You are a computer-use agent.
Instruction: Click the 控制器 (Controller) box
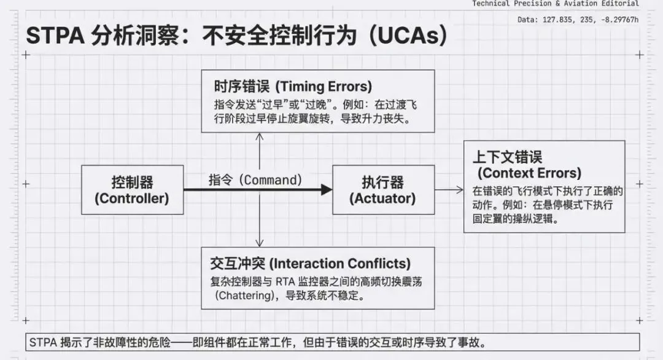point(132,190)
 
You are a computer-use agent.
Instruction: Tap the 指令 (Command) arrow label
point(255,180)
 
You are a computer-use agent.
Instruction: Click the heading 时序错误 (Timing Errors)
point(293,86)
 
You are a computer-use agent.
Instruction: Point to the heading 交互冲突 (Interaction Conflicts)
point(310,264)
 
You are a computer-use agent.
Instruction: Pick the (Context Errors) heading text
point(529,173)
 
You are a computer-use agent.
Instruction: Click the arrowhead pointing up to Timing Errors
point(260,136)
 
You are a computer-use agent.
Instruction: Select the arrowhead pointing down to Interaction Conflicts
point(260,243)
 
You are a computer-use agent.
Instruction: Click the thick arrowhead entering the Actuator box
point(327,190)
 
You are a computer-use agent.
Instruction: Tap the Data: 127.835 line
point(578,20)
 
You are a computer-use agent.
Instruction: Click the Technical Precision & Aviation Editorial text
point(555,4)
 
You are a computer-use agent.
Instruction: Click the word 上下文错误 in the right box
point(503,156)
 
